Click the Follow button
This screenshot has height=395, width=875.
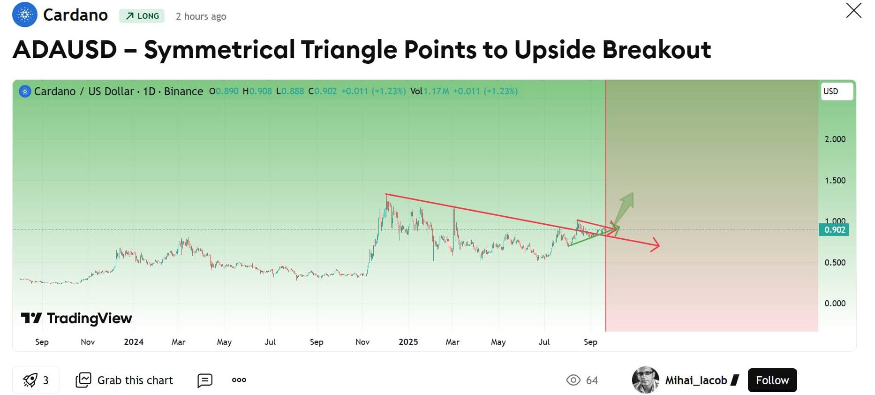772,380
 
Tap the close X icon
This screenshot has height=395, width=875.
853,10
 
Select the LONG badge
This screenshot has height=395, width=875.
142,16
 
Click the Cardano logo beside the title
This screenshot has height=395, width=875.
25,15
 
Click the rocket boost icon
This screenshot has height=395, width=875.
30,380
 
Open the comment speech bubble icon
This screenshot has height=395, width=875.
205,380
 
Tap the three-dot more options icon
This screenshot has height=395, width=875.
239,380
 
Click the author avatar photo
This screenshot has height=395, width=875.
645,380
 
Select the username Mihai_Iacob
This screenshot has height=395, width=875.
696,380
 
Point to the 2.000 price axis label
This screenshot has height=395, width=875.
835,139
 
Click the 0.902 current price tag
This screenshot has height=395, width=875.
834,230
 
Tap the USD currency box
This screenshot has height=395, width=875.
837,91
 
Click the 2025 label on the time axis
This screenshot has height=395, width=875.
408,342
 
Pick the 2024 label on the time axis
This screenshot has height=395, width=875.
134,342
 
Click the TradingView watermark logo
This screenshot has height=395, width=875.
76,319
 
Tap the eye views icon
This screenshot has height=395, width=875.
573,380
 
